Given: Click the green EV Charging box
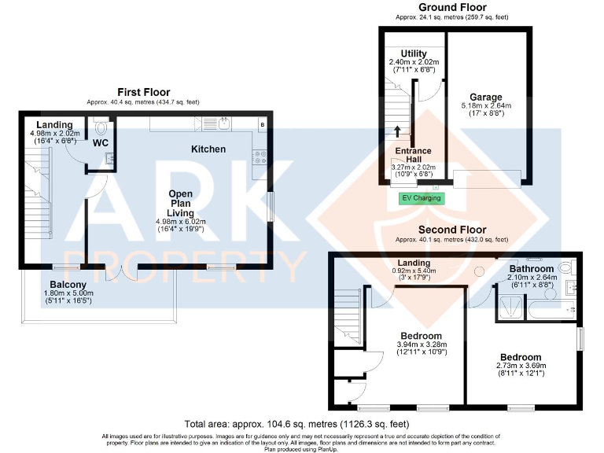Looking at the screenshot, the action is (422, 197).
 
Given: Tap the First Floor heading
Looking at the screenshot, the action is (144, 92).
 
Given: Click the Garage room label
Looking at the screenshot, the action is (486, 98).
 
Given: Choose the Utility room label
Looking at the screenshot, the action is (413, 53).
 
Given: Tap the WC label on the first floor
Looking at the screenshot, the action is (100, 144).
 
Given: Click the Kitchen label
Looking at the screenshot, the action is (208, 149).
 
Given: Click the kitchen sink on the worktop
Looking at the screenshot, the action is (223, 123).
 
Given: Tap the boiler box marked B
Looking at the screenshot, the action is (262, 124).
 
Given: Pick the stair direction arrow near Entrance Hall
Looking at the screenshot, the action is (396, 131).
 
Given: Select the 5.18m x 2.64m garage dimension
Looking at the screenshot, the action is (486, 106).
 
